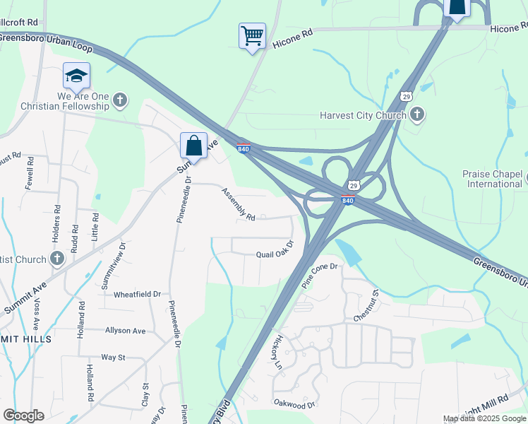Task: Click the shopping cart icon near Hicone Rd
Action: pos(252,35)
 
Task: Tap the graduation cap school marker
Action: pos(76,75)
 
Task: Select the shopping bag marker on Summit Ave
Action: pos(193,145)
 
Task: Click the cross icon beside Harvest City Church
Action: pos(417,114)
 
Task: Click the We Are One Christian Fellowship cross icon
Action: pos(120,100)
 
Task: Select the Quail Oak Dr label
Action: pos(275,254)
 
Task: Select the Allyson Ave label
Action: pos(125,330)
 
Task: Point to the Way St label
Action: pos(113,358)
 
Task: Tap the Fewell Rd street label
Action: pos(30,172)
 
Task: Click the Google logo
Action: pos(23,416)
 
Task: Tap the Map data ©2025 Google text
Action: pos(484,418)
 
